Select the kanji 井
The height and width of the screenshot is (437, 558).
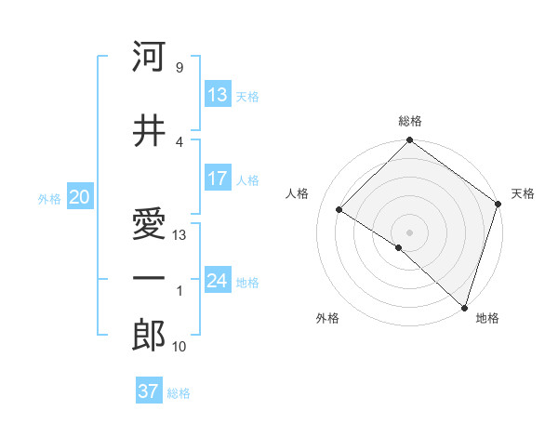pos(149,131)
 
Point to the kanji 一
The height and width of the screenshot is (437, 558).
pos(149,277)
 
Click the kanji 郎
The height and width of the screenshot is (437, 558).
pos(149,336)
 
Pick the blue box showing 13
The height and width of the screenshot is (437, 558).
pos(218,95)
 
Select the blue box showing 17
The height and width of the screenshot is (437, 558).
pos(218,179)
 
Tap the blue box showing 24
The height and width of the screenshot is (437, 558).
pos(218,281)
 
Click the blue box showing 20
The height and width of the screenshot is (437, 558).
pos(79,197)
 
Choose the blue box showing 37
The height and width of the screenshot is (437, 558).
pos(149,391)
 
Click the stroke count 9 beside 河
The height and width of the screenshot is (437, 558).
pos(179,68)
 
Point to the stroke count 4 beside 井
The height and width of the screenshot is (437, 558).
pos(179,141)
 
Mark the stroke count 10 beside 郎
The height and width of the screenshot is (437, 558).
pos(179,347)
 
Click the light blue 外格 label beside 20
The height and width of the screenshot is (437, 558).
pos(49,198)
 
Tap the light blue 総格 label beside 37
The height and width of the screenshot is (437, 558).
pos(179,392)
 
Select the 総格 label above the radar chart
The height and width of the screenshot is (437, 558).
pos(410,121)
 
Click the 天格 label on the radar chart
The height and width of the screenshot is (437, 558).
pos(523,193)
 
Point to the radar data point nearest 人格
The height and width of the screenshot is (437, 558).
pos(340,210)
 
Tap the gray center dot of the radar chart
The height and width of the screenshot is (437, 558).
pos(409,232)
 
